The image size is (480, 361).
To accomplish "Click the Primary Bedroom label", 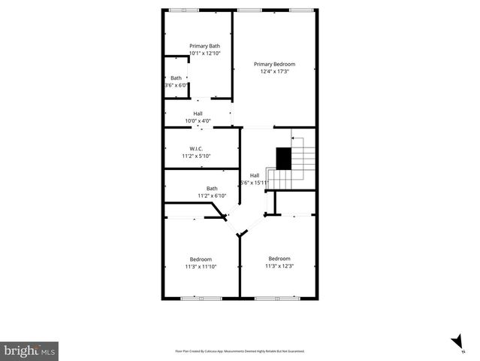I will [x=274, y=64].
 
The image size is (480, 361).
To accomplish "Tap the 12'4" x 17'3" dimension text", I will [x=274, y=72].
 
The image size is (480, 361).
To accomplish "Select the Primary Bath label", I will [x=204, y=46].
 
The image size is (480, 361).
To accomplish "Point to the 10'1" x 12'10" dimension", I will [x=204, y=53].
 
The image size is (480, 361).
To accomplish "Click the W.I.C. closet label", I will [x=196, y=148].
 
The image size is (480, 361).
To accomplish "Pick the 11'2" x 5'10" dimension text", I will [x=196, y=156].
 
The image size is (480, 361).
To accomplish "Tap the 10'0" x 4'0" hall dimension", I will [x=198, y=120].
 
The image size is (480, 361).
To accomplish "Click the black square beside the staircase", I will [x=283, y=158].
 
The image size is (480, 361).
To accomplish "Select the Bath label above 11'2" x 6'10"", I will [x=212, y=189].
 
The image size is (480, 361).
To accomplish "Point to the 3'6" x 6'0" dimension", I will [x=176, y=85].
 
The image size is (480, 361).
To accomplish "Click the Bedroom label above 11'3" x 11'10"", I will [x=201, y=259].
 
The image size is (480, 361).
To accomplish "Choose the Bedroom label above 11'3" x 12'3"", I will [x=279, y=258].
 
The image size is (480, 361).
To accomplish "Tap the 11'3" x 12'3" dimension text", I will [x=279, y=265].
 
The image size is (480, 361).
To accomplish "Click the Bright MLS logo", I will [x=29, y=350].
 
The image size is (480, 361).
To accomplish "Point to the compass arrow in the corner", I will [x=457, y=344].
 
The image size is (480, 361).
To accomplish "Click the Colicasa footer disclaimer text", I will [x=240, y=351].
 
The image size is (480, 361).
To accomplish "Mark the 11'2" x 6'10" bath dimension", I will [x=212, y=196].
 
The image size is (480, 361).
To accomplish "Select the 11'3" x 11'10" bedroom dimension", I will [x=201, y=266].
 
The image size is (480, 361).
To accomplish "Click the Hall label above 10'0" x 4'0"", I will [x=198, y=114].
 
